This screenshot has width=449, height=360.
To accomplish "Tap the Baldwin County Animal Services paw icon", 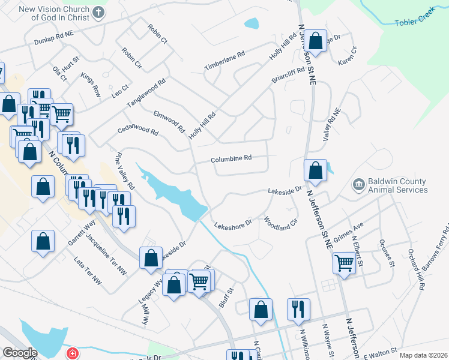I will click(x=358, y=184).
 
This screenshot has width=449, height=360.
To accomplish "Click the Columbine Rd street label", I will click(x=231, y=159).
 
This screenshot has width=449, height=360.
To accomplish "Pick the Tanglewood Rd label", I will click(x=145, y=94).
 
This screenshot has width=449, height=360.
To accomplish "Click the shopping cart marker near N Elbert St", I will click(x=345, y=262).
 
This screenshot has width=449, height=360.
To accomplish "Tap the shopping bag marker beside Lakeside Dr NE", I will click(x=315, y=172).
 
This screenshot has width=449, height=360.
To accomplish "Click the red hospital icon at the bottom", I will click(x=73, y=353).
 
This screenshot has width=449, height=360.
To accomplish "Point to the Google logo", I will click(x=20, y=353).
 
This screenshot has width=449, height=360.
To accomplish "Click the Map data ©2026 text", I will click(x=423, y=355).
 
